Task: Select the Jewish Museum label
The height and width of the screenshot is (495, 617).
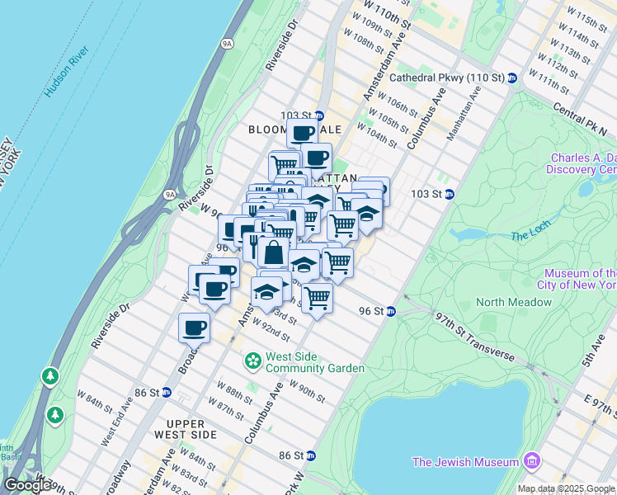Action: [468, 462]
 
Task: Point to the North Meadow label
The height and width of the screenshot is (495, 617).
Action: [514, 302]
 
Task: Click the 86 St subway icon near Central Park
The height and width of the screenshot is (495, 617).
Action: [310, 455]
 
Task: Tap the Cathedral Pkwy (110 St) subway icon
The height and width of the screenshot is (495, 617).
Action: [511, 78]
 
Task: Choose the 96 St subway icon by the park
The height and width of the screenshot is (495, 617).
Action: [391, 312]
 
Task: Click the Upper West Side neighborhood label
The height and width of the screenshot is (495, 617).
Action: [181, 428]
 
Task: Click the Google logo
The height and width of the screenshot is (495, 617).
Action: [27, 485]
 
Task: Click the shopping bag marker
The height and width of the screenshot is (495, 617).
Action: [272, 252]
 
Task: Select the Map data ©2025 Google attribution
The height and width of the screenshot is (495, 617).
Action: [567, 489]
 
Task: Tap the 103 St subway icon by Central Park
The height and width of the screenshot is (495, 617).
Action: [450, 195]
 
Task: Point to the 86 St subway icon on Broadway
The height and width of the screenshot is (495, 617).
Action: [166, 393]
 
